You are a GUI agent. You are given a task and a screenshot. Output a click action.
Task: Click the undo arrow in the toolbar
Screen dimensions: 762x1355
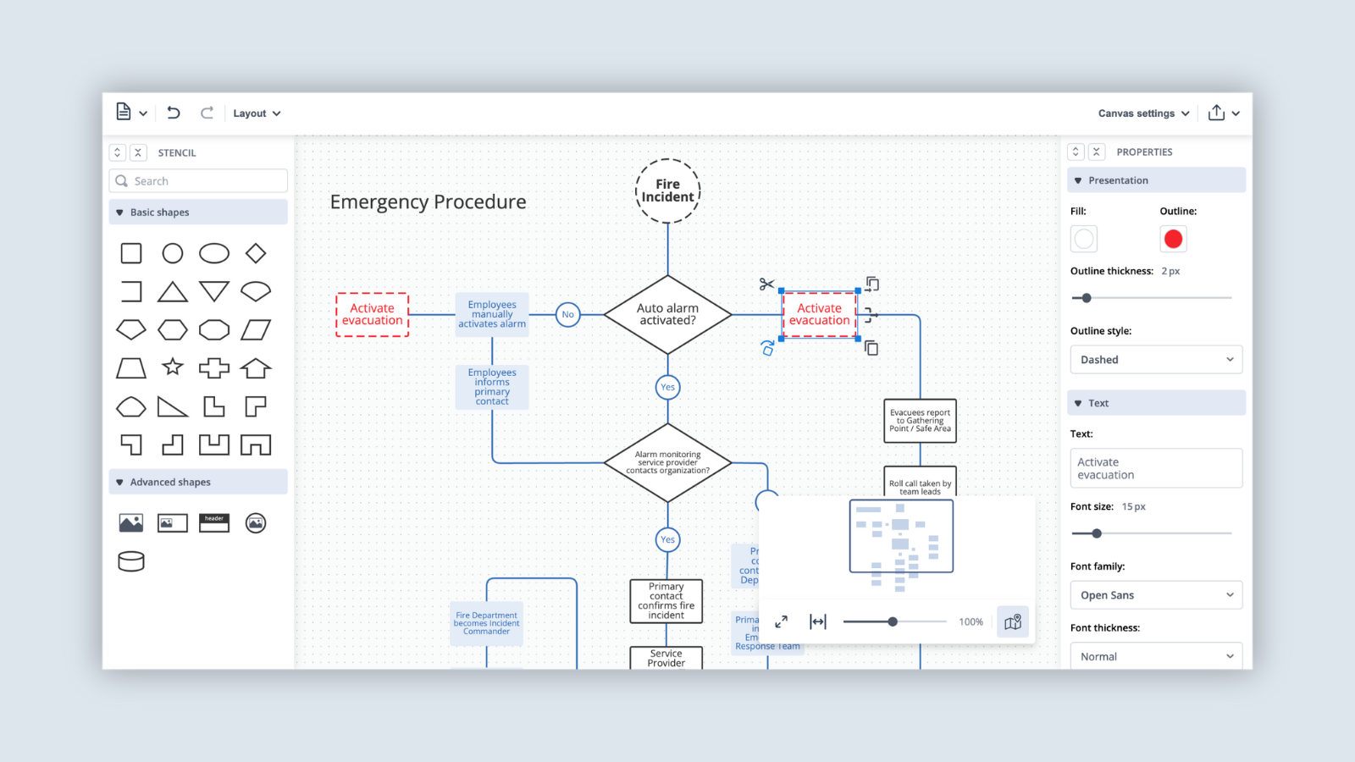pos(174,113)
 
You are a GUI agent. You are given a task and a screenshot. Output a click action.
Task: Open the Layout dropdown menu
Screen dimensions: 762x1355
pos(257,113)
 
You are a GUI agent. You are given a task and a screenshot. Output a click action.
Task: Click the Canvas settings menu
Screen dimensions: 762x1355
pos(1143,113)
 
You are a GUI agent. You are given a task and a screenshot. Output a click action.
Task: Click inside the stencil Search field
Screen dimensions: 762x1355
pos(203,181)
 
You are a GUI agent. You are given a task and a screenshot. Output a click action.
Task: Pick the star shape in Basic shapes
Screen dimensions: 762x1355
pos(173,367)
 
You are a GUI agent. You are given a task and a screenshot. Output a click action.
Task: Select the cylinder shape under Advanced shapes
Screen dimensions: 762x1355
pos(131,560)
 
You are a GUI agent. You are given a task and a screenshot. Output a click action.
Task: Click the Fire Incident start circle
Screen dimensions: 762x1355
pos(667,191)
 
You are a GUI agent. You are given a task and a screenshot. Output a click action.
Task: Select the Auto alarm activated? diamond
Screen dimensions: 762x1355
pos(667,315)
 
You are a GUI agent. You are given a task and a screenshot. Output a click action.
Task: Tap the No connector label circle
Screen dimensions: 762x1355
pos(567,315)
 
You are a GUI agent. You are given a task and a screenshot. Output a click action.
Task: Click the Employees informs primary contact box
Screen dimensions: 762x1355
pos(492,387)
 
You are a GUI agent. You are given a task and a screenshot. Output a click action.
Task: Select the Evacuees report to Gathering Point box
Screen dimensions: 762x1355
pos(920,421)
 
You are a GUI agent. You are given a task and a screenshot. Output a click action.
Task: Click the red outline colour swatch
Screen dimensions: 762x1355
pos(1173,240)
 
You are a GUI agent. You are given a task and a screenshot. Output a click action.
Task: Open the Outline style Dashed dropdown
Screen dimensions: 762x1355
pos(1156,360)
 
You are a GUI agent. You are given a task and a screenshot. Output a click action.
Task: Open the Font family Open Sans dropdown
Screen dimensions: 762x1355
pos(1156,595)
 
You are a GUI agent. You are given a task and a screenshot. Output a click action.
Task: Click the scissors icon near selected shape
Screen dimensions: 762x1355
pos(766,284)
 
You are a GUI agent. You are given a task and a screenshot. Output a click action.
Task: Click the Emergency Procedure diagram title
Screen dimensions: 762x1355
pos(428,202)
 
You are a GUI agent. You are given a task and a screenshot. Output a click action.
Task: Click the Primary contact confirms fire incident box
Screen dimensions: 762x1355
pos(666,601)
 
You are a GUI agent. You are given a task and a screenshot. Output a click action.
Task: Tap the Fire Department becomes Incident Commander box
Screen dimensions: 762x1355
pos(486,624)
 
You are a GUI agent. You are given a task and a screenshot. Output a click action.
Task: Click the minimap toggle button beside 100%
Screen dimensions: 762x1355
pos(1013,622)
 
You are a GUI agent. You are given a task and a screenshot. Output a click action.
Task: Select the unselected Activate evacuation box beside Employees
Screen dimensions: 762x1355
pos(373,315)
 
